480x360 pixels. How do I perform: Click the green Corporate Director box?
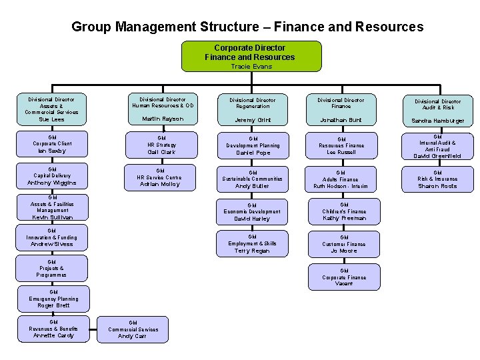coord(251,56)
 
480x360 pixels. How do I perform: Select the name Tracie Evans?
coord(251,67)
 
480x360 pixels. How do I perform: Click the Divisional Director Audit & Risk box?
coord(439,111)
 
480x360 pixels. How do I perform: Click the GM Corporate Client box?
coord(52,144)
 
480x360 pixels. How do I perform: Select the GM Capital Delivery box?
coord(52,177)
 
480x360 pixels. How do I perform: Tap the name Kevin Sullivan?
coord(52,217)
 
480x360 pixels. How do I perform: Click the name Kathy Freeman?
coord(344,218)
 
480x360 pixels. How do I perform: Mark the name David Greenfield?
coord(437,156)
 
